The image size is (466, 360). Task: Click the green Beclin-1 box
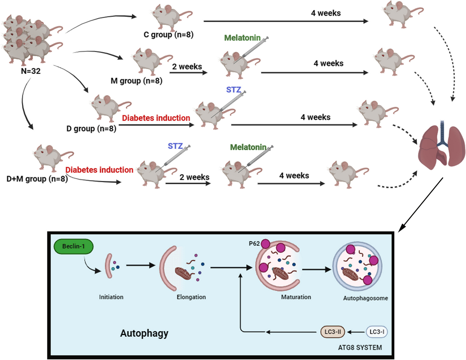[73, 246]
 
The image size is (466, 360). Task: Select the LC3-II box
[332, 332]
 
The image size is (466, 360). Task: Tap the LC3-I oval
[376, 332]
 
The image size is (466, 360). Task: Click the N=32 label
[31, 71]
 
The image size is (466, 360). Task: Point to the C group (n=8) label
[168, 35]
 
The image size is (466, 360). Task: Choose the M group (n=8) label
[136, 81]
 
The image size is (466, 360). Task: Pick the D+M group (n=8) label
[37, 179]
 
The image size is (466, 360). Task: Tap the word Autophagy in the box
[144, 333]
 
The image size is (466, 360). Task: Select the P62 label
[254, 244]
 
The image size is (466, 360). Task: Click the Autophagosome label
[365, 298]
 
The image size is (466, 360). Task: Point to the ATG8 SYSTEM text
[360, 348]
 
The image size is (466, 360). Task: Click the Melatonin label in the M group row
[242, 38]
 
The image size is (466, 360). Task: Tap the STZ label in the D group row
[233, 89]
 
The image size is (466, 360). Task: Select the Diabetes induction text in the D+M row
[99, 170]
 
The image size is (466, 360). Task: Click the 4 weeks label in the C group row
[325, 13]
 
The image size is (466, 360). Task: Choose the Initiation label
[111, 297]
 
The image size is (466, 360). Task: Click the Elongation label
[191, 297]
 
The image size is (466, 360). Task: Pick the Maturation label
[296, 297]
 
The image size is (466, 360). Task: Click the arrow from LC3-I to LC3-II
[355, 332]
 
